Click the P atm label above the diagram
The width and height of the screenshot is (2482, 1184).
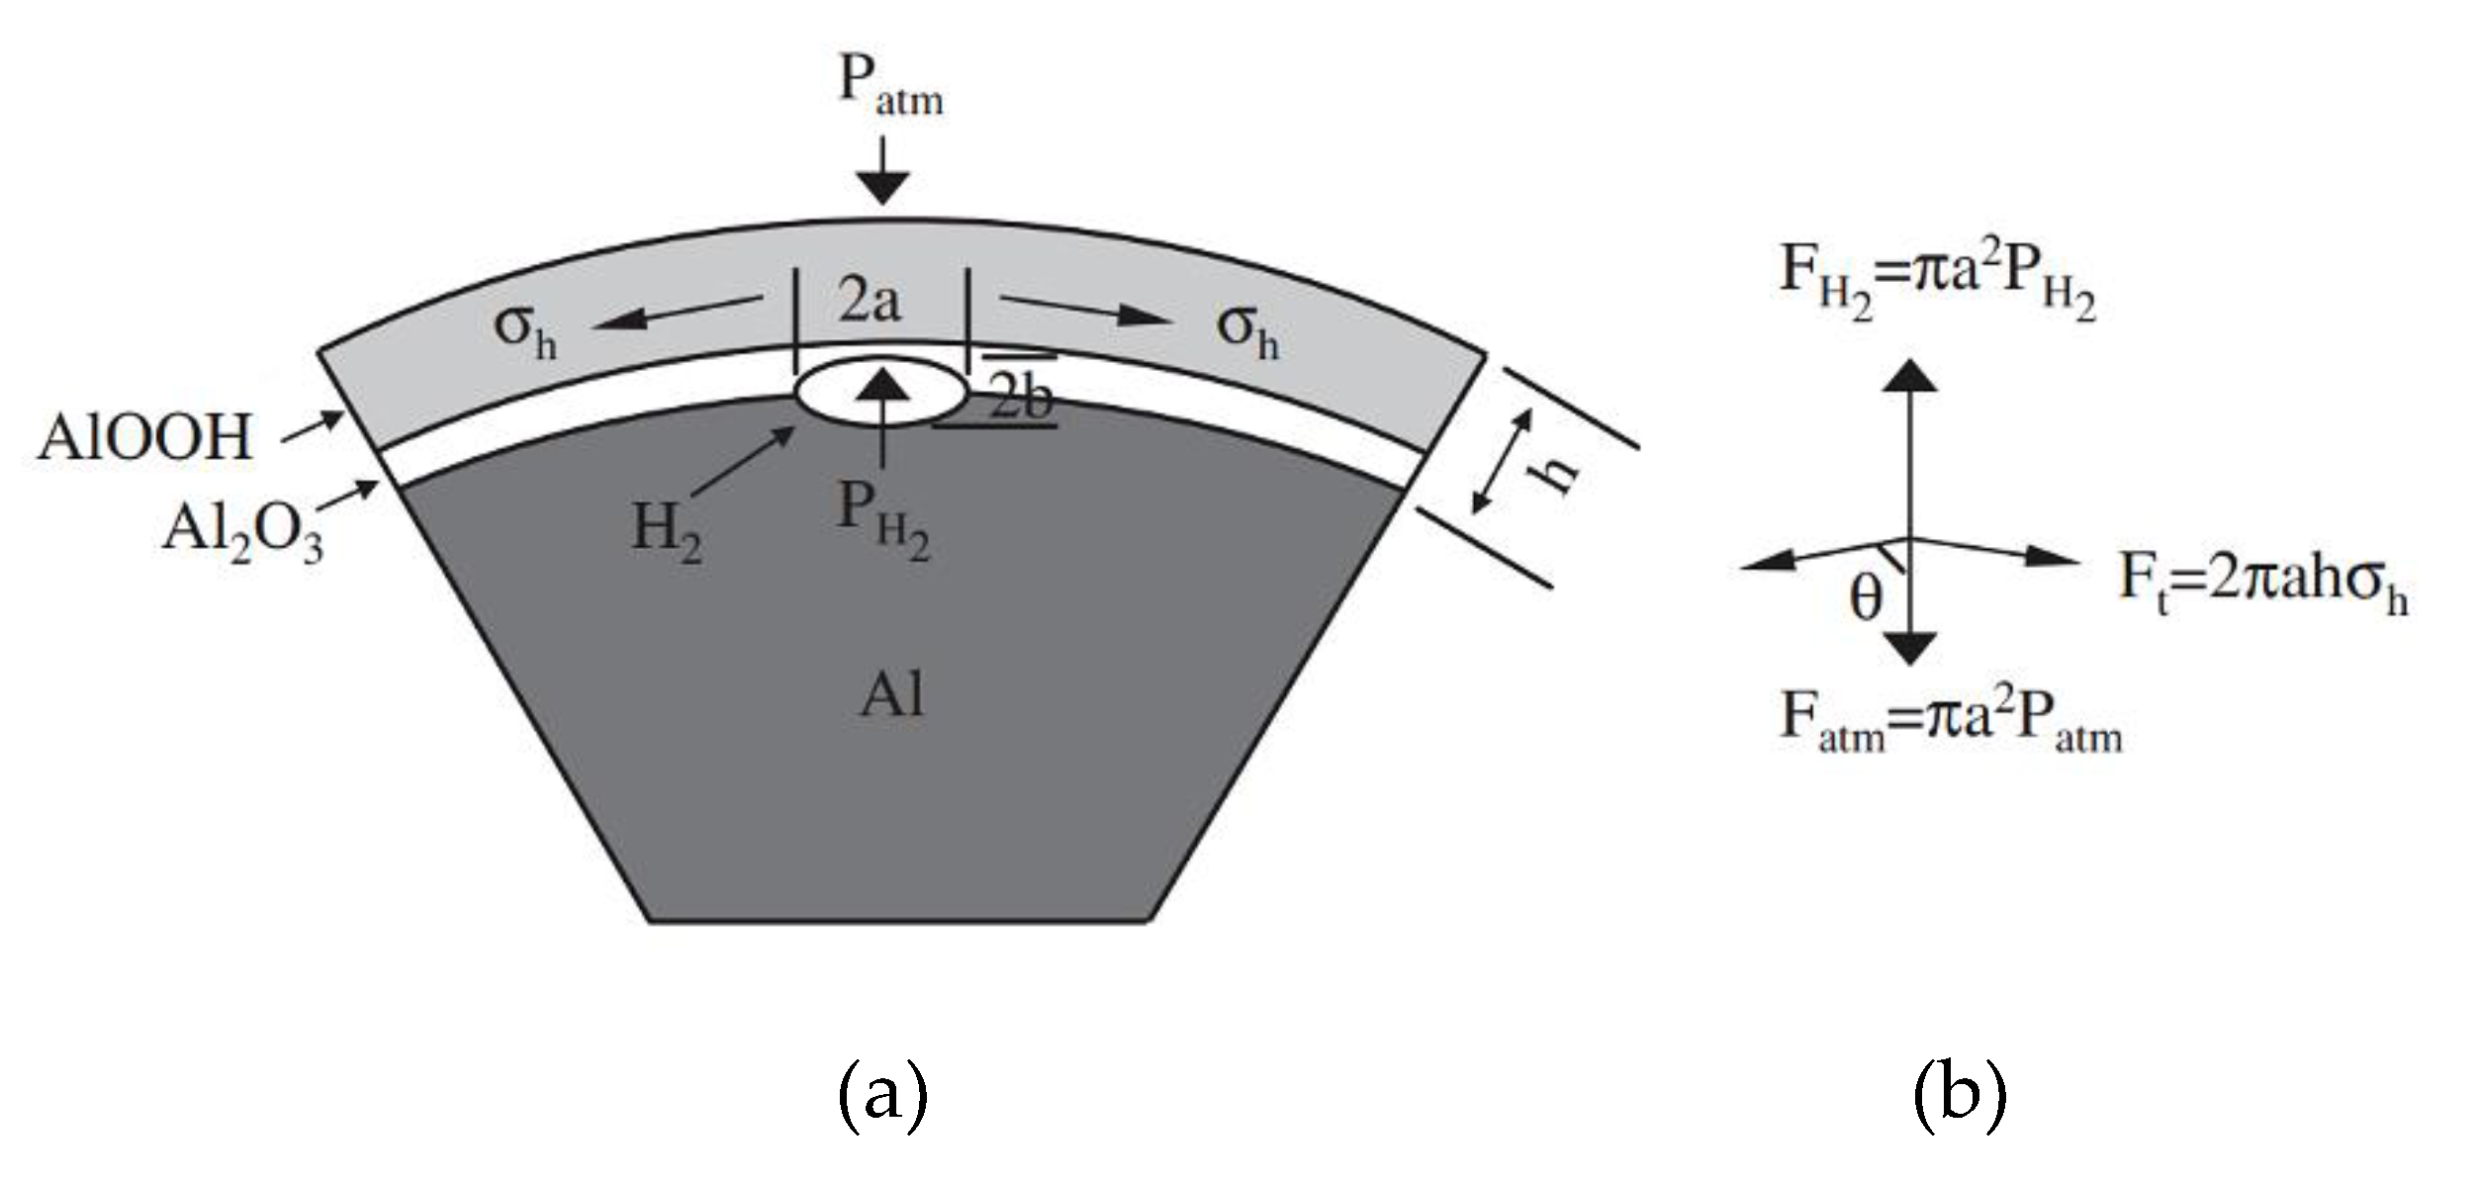890,87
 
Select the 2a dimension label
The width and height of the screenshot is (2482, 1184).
870,300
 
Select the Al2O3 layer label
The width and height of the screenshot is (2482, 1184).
243,532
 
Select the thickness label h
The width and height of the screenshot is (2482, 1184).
1554,476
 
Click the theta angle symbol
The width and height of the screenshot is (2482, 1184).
1866,598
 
